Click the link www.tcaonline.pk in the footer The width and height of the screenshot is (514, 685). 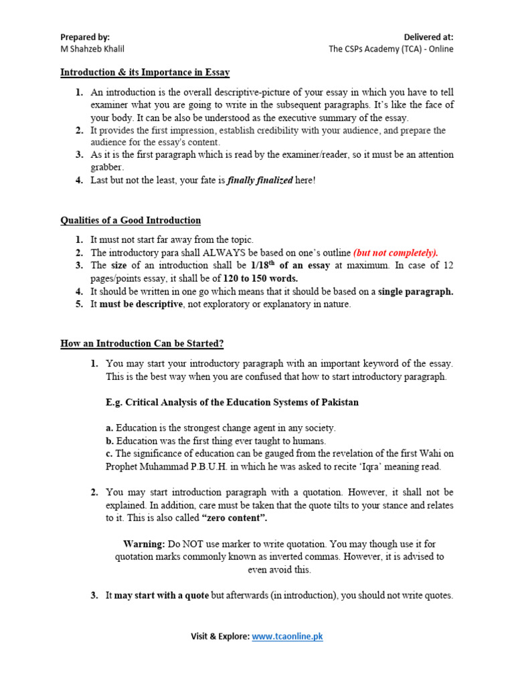287,636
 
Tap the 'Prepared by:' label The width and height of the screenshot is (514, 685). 85,37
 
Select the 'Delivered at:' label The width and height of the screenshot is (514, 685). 428,37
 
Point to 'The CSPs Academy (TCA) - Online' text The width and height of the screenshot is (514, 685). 391,49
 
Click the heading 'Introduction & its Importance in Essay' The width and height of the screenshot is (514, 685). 145,72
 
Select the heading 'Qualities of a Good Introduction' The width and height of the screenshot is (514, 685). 131,220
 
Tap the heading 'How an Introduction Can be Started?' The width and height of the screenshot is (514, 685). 142,343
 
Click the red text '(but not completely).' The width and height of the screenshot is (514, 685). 396,252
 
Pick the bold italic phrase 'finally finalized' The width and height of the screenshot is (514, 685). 260,180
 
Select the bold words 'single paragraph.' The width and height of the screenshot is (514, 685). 416,291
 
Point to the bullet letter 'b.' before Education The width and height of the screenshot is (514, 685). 110,441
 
